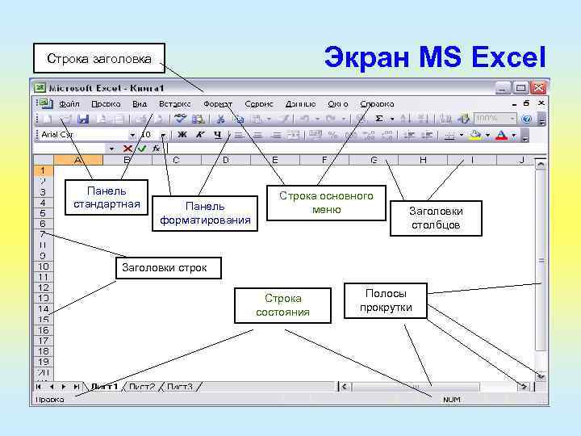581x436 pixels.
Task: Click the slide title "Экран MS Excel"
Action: point(435,57)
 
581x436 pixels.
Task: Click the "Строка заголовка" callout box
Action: point(98,58)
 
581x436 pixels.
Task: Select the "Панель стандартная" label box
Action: point(107,197)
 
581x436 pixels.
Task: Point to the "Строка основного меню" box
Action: point(326,203)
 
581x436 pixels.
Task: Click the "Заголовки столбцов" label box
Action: point(436,218)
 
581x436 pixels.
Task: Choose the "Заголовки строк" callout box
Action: point(164,267)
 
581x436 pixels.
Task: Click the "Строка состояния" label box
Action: point(282,305)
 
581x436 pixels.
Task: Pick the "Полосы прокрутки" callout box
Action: point(386,301)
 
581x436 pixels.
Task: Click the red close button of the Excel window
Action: point(538,88)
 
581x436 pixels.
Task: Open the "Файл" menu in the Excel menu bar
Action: point(69,104)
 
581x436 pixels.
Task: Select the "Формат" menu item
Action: point(218,104)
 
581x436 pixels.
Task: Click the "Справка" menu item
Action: point(377,104)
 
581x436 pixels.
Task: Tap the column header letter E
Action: point(275,161)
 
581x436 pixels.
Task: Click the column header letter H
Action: point(423,161)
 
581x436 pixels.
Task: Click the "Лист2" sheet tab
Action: point(142,387)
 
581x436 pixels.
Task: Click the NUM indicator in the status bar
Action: point(451,400)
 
